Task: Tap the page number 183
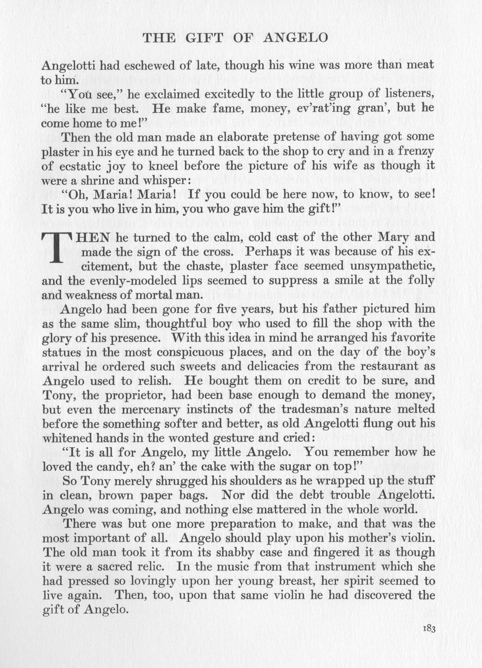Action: [x=429, y=629]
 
